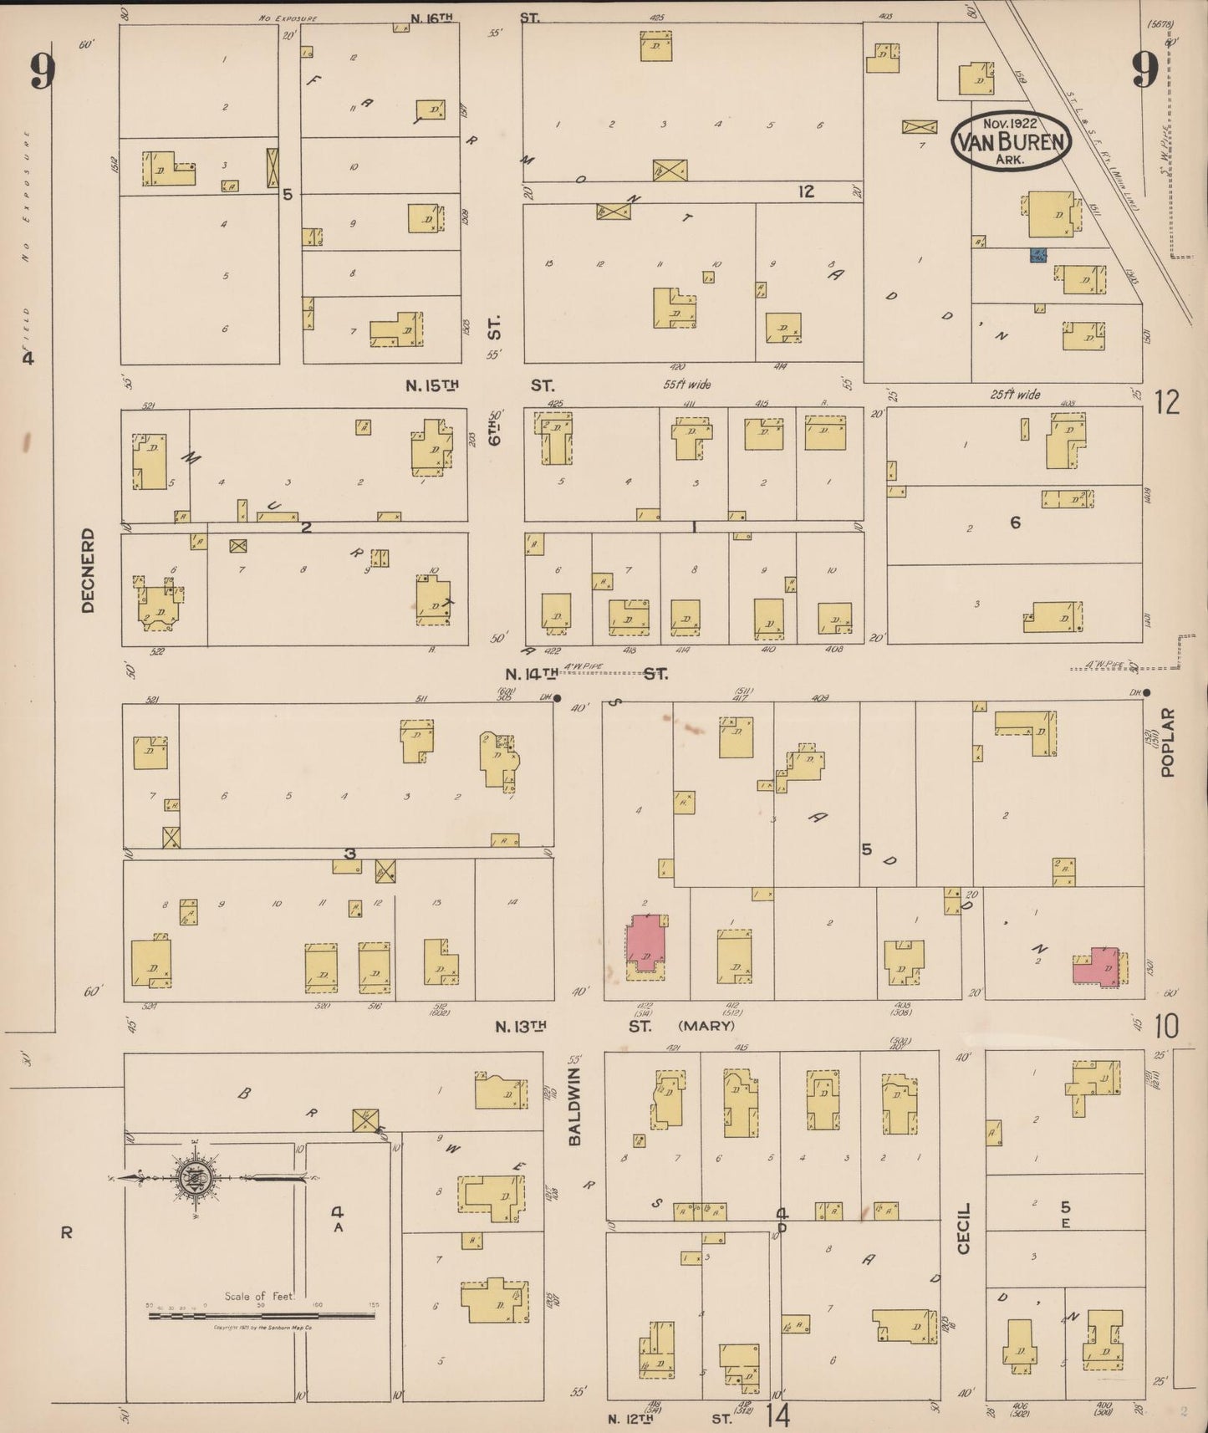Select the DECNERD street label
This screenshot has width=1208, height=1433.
click(x=89, y=569)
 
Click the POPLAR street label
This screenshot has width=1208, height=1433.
click(x=1167, y=742)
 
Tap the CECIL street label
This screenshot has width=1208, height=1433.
click(x=964, y=1228)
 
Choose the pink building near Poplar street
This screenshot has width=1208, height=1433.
click(x=1096, y=967)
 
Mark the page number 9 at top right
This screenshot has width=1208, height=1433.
click(x=1144, y=70)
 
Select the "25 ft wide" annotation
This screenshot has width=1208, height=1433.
click(x=1016, y=394)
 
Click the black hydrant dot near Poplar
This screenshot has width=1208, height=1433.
click(x=1146, y=692)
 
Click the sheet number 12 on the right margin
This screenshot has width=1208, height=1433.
click(x=1167, y=403)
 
